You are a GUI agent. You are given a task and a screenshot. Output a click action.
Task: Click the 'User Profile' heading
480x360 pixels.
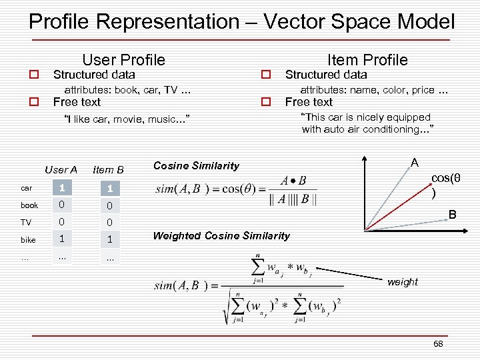tap(123, 59)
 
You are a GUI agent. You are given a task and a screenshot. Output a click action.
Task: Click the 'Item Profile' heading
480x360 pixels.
tap(367, 59)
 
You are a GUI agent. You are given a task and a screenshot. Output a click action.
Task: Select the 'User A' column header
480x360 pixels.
tap(61, 170)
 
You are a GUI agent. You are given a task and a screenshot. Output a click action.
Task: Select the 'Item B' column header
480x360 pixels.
tap(109, 170)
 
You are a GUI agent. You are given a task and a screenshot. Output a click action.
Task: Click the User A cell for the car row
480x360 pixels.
tap(61, 188)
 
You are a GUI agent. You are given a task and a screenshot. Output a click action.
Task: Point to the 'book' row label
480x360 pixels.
tap(29, 205)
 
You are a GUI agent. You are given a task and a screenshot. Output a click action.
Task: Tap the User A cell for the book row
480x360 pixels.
tap(61, 205)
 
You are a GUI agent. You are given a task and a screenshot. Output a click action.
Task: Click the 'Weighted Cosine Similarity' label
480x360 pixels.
tap(221, 235)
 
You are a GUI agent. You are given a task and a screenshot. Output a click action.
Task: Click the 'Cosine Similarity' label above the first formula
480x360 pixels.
tap(196, 165)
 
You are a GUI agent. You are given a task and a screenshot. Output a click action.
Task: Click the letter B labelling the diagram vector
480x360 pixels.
tap(452, 215)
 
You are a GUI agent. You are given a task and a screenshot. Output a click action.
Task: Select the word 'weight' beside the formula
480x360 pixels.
tap(403, 282)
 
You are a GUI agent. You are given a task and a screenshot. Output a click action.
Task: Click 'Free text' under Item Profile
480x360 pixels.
tap(309, 102)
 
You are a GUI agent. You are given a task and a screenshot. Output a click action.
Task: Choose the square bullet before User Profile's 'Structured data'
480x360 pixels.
tap(31, 75)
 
